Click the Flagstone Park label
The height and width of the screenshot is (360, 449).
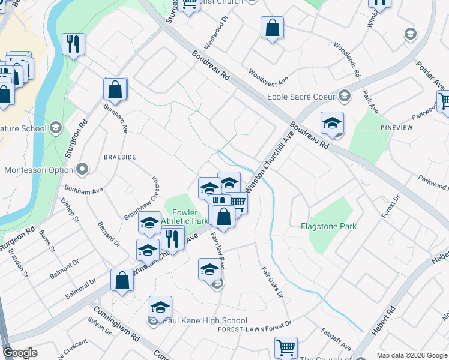point(328,226)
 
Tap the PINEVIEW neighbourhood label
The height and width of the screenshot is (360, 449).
point(397,128)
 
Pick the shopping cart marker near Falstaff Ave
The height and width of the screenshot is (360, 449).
point(286,347)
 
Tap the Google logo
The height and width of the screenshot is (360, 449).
point(20,353)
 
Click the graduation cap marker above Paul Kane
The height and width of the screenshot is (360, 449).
point(160,307)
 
